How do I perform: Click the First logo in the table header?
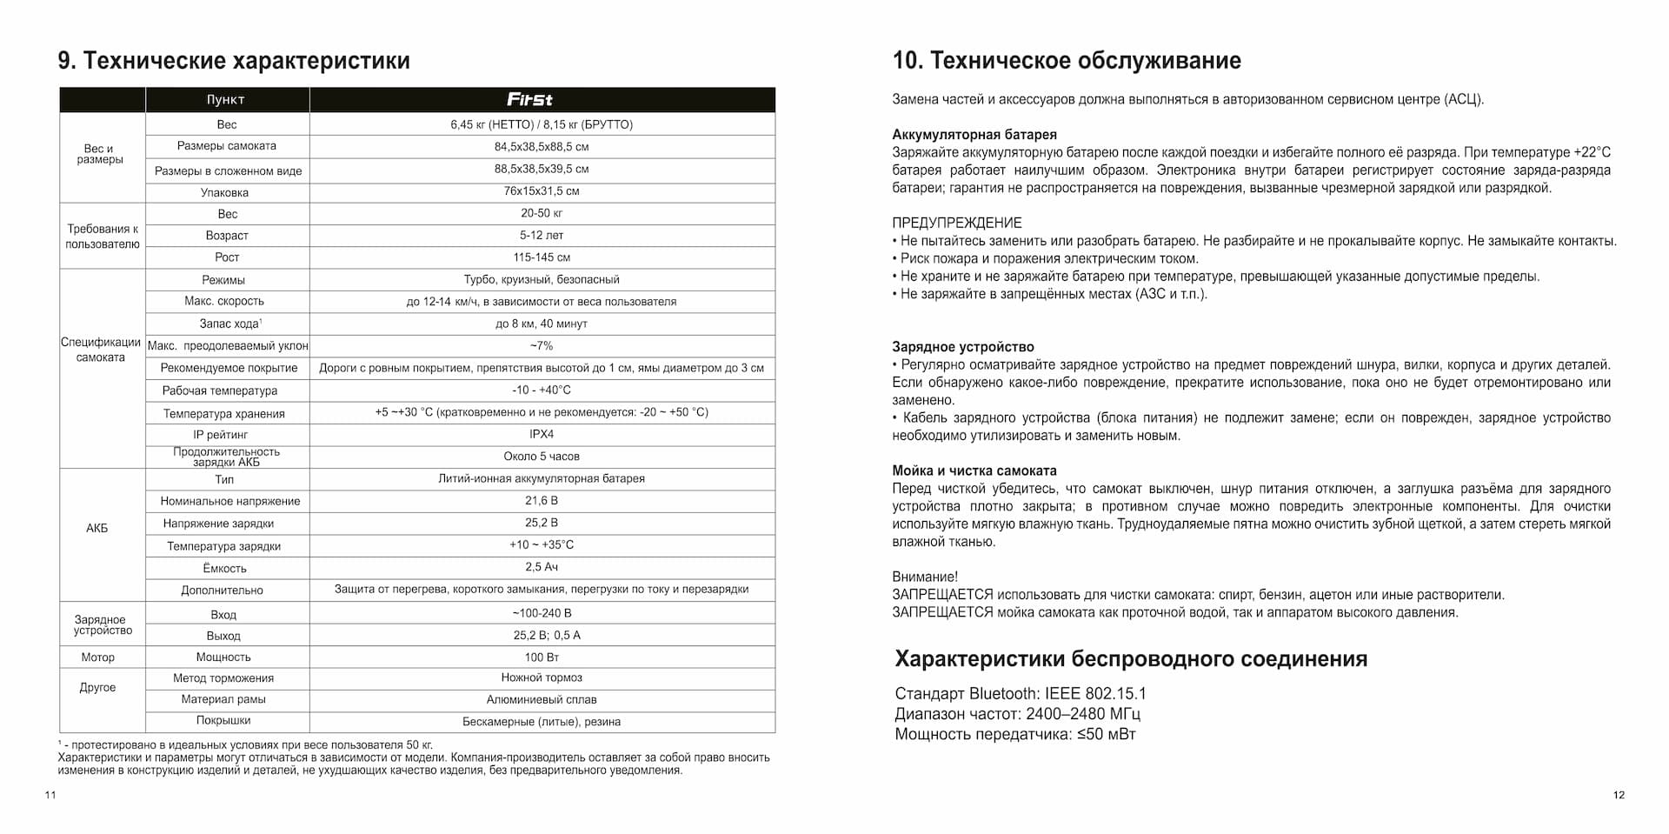point(529,99)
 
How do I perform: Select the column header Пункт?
point(225,100)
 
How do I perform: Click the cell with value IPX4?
point(541,434)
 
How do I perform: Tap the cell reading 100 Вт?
point(541,657)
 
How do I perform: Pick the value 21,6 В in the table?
point(541,501)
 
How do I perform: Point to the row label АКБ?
point(97,528)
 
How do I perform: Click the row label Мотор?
point(97,657)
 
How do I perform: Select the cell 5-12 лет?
point(541,235)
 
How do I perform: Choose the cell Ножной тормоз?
point(541,677)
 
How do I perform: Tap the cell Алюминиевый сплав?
point(541,699)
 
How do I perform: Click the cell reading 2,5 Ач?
point(541,567)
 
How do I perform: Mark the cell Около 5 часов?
point(541,456)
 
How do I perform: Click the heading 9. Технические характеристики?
point(234,61)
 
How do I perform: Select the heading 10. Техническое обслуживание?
point(1067,61)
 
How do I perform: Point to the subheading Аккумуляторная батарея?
point(974,135)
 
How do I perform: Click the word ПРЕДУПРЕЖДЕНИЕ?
point(956,223)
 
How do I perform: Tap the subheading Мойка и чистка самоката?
point(974,470)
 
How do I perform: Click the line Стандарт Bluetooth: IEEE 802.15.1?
point(1020,694)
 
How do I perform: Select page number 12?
point(1618,795)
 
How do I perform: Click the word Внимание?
point(925,577)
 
